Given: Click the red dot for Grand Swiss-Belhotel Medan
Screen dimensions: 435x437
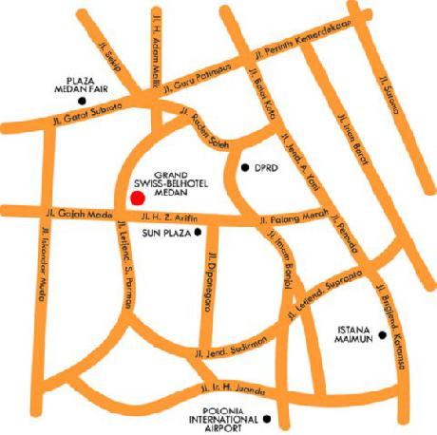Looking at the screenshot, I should (137, 198).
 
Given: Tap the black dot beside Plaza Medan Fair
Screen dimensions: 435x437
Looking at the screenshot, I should (83, 99).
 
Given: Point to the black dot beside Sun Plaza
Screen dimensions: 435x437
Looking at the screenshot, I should (198, 231).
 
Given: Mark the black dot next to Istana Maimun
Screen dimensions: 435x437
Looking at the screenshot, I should (381, 333).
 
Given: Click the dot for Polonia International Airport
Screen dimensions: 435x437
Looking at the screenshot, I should (267, 417).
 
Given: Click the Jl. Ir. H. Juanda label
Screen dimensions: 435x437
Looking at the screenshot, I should (232, 388).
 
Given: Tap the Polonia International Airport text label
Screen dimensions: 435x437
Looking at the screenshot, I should (222, 418).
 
